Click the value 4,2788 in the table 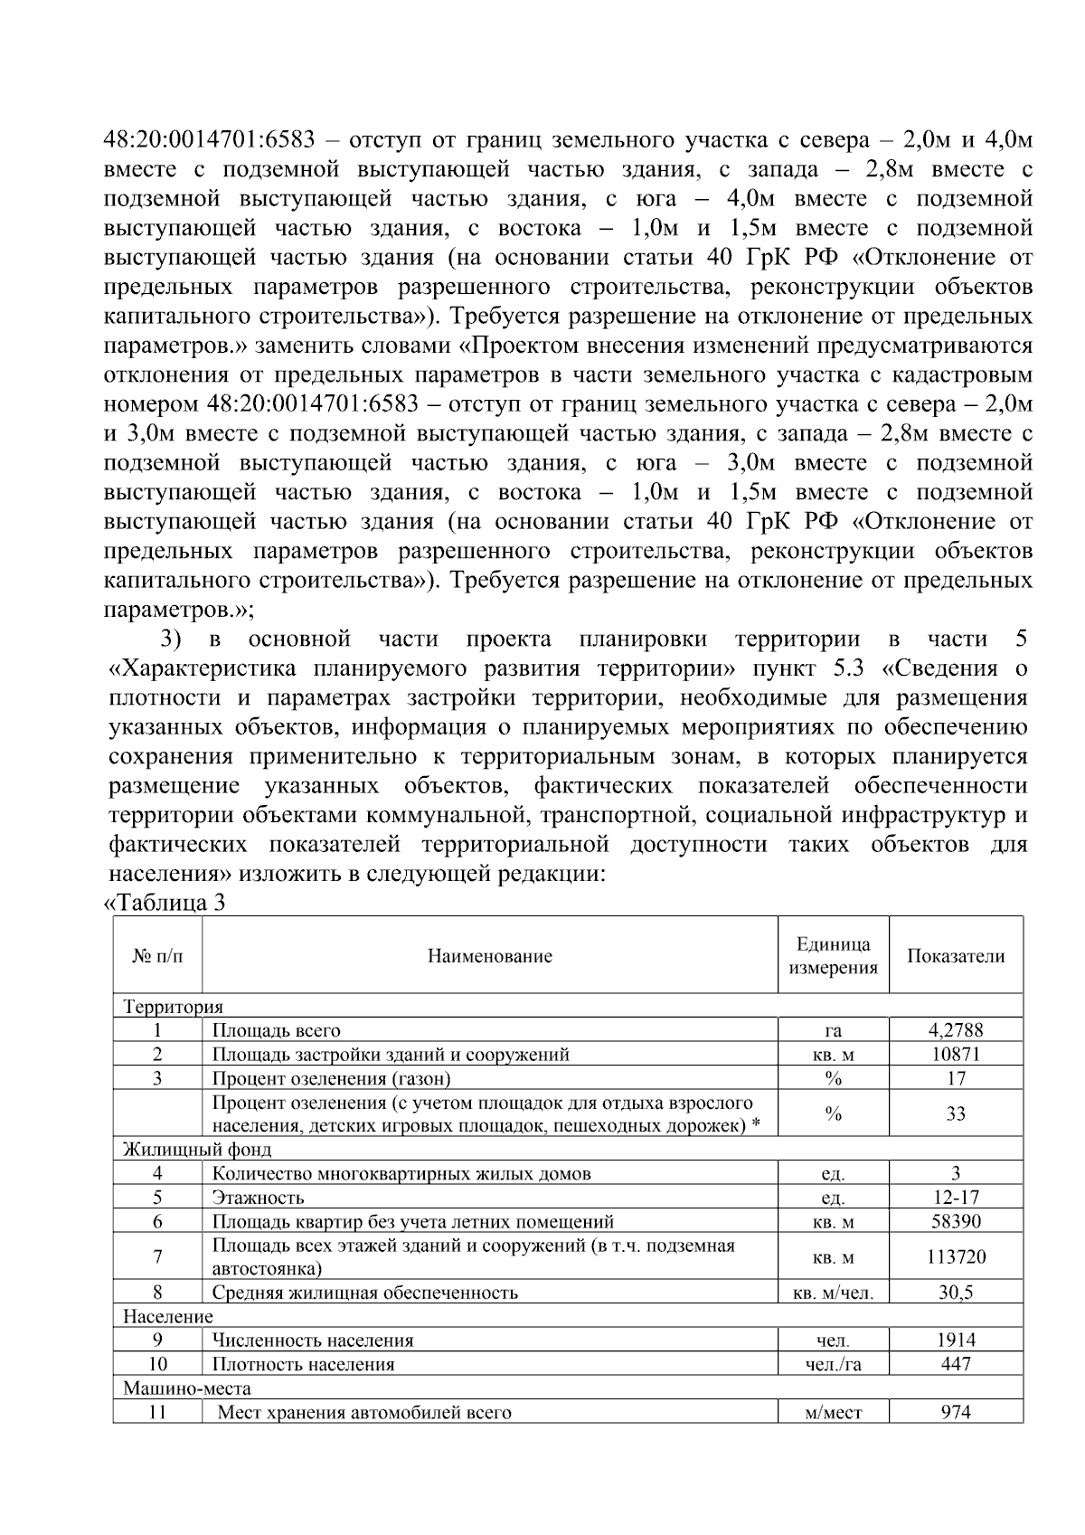tap(956, 1029)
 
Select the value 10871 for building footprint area tap(956, 1054)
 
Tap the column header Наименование tap(489, 956)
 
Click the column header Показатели tap(956, 956)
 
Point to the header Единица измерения tap(833, 956)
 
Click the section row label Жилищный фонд tap(197, 1150)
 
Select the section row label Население tap(168, 1316)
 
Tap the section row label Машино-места tap(187, 1388)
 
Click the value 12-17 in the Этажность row tap(956, 1198)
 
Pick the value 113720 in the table tap(956, 1256)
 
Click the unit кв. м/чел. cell tap(833, 1293)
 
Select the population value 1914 tap(956, 1341)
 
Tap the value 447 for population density tap(956, 1364)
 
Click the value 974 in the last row tap(956, 1412)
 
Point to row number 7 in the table tap(157, 1256)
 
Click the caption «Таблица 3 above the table tap(165, 903)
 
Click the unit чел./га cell tap(833, 1364)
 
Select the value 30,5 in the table tap(956, 1293)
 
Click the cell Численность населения tap(313, 1341)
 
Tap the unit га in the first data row tap(833, 1030)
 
